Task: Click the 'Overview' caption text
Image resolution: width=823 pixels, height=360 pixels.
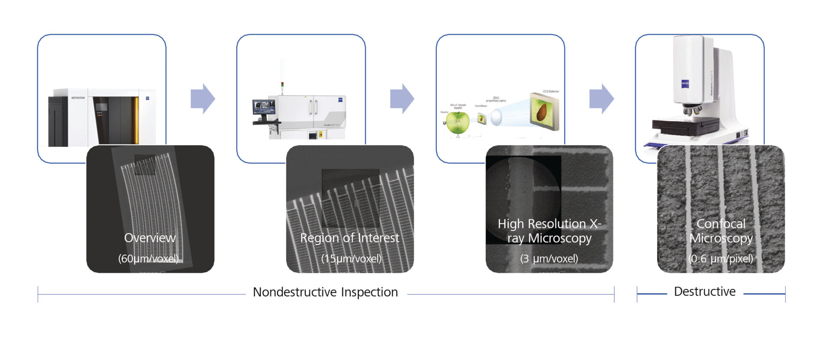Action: tap(150, 238)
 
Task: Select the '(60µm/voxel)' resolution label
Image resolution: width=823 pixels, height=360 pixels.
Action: tap(148, 258)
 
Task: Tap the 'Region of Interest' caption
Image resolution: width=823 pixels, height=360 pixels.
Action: tap(349, 238)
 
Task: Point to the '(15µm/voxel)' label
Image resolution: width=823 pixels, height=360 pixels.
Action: tap(351, 258)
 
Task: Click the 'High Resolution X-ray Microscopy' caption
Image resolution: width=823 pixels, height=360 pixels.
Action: tap(549, 231)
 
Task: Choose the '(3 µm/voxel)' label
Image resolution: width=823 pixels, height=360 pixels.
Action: tap(549, 258)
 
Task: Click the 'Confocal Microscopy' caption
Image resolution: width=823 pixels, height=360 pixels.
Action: tap(721, 231)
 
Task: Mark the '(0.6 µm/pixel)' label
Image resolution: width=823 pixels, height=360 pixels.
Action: tap(721, 258)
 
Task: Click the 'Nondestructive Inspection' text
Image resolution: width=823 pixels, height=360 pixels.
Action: tap(325, 292)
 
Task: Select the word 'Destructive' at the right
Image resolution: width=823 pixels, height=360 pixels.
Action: tap(705, 292)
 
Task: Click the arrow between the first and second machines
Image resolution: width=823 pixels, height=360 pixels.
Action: tap(202, 99)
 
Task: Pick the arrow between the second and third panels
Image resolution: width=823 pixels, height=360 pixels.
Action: tap(402, 99)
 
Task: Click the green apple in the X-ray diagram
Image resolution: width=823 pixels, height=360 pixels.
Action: tap(457, 123)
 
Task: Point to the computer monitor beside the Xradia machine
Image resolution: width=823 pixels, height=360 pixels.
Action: tap(264, 107)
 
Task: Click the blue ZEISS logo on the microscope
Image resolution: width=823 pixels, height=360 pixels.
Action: tap(685, 84)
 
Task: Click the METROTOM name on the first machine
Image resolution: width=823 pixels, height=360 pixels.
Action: tap(78, 98)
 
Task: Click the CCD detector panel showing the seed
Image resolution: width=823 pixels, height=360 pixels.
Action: tap(544, 111)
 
